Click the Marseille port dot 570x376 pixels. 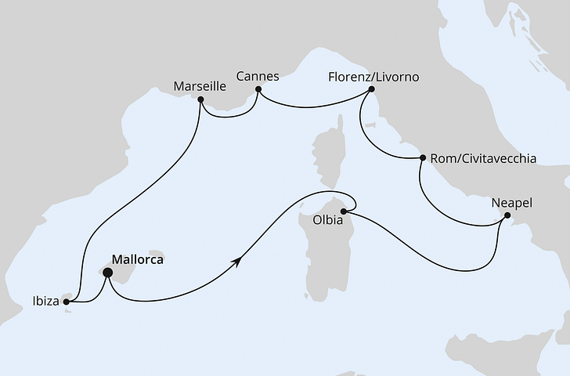click(x=201, y=99)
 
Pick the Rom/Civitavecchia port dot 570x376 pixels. click(x=423, y=158)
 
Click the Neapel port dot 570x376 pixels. click(x=507, y=215)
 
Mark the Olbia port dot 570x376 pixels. click(x=343, y=210)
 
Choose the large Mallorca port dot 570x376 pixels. click(x=108, y=273)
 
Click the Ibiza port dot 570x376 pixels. click(x=67, y=301)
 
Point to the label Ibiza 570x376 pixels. click(x=45, y=301)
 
